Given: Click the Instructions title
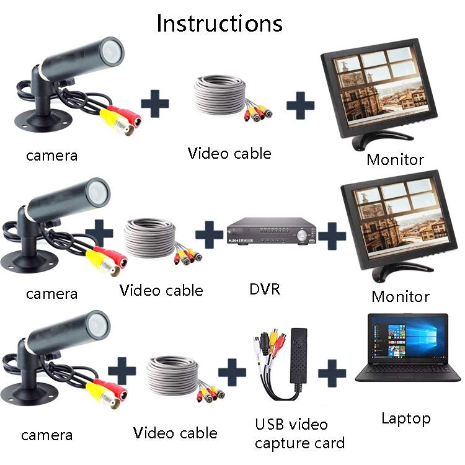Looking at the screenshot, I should (219, 23).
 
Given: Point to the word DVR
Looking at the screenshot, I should (265, 288).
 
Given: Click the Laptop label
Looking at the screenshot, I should (405, 418).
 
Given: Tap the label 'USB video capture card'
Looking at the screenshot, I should (299, 434).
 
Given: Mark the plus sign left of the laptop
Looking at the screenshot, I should (332, 373).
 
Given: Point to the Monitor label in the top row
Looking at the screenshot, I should (395, 159).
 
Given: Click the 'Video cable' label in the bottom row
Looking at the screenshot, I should (175, 433).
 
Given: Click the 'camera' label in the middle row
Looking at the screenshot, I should (51, 293).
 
